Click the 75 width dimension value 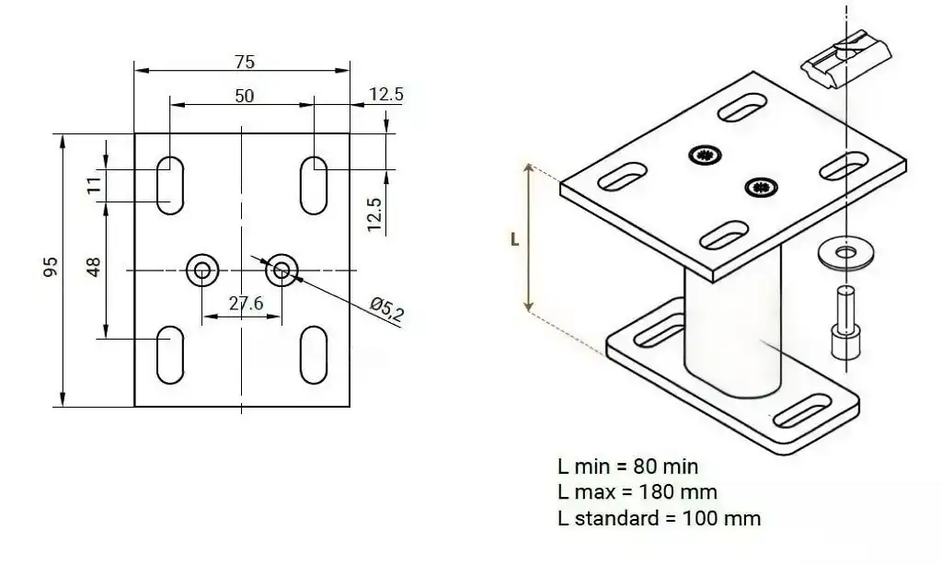click(x=245, y=62)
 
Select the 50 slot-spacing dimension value click(x=245, y=96)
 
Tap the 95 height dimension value click(x=52, y=266)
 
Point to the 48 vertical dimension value click(x=94, y=267)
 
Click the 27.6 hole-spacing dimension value click(x=246, y=304)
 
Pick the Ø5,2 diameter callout click(x=387, y=309)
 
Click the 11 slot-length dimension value click(x=94, y=185)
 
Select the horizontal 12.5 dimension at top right click(x=385, y=94)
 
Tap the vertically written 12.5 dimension click(x=373, y=214)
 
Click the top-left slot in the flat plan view click(x=170, y=185)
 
